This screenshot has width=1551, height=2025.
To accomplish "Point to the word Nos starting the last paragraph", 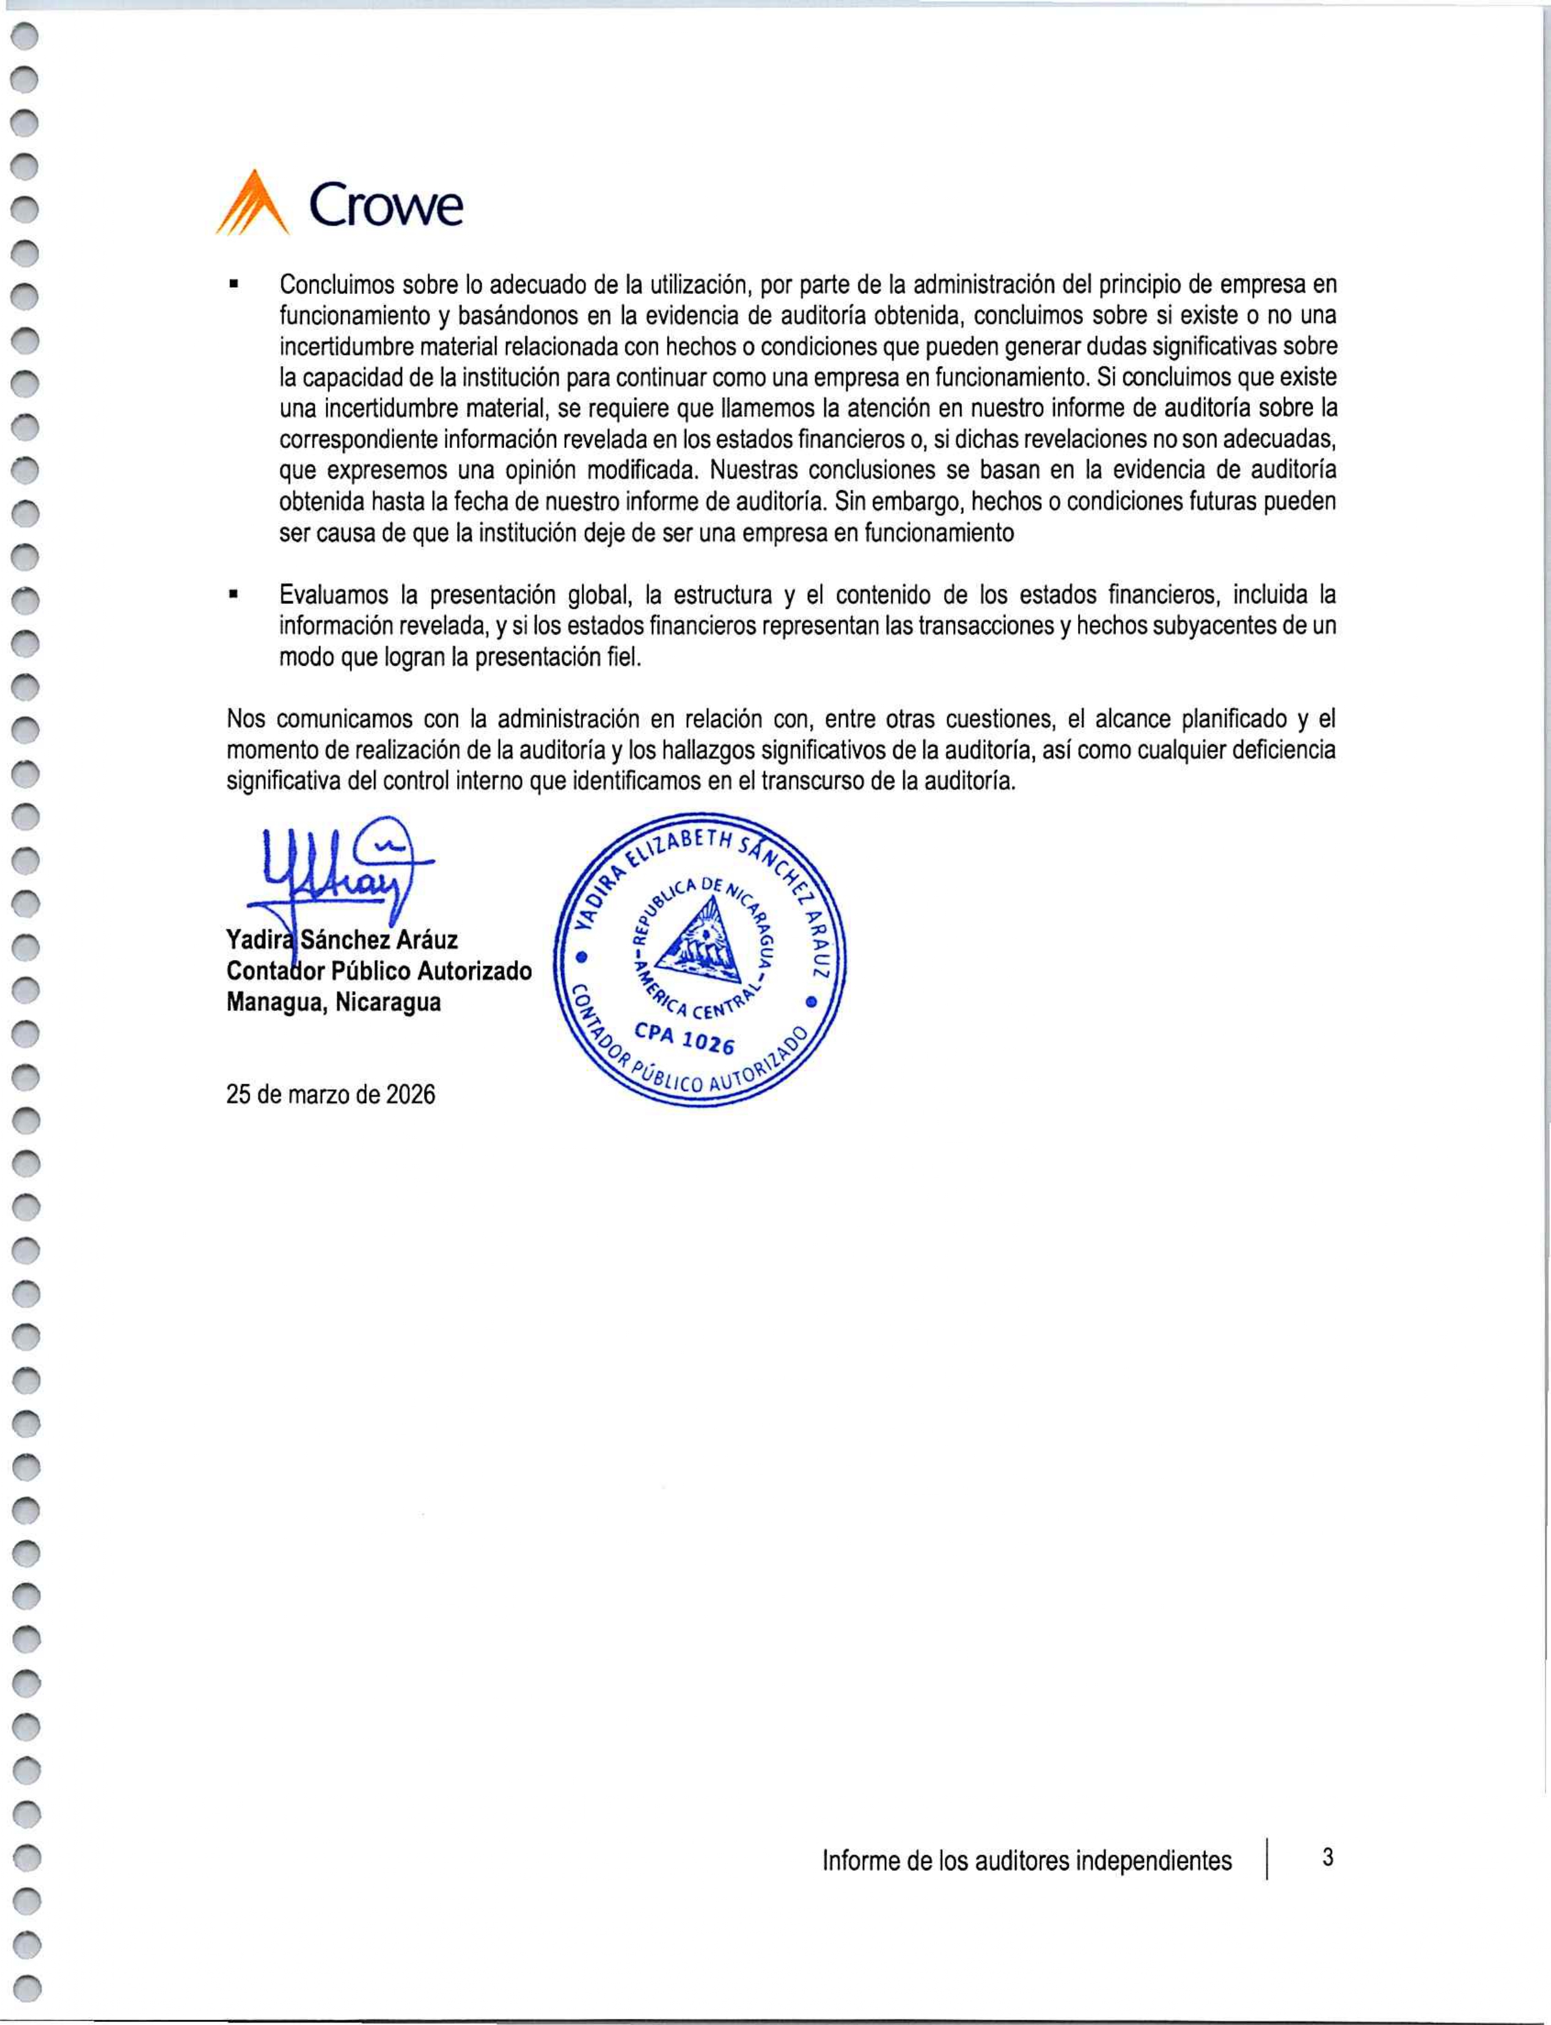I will [x=244, y=718].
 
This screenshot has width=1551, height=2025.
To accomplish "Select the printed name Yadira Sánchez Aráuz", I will [x=342, y=940].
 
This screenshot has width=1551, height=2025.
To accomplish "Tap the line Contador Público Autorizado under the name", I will [x=378, y=971].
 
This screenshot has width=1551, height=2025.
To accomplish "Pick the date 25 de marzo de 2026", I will [x=331, y=1095].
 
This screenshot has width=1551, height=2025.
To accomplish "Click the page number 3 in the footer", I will [x=1327, y=1857].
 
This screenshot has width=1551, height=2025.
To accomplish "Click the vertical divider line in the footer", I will [x=1269, y=1860].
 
